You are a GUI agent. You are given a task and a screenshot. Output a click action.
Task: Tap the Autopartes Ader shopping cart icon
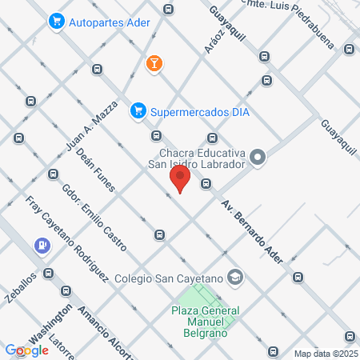pyautogui.click(x=56, y=20)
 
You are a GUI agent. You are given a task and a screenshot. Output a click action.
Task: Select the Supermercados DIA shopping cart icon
pyautogui.click(x=138, y=110)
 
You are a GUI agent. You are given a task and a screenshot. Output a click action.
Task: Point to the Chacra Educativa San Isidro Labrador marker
pyautogui.click(x=258, y=158)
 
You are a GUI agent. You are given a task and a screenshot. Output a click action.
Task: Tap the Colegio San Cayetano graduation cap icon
pyautogui.click(x=235, y=278)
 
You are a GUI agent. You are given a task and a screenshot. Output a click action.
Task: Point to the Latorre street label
pyautogui.click(x=65, y=344)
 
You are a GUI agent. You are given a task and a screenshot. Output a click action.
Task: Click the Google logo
pyautogui.click(x=26, y=350)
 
